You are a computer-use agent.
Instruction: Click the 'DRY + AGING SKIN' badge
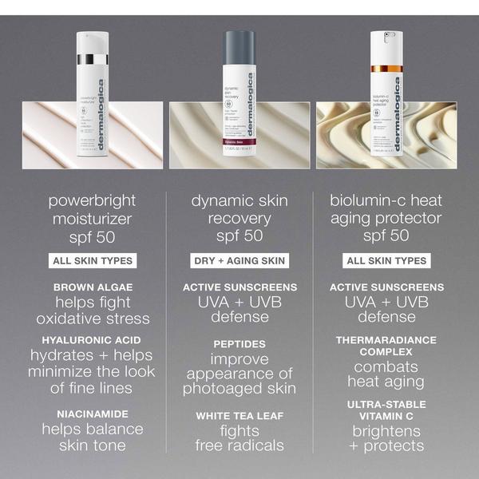(239, 261)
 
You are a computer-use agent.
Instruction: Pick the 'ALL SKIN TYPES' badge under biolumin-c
(387, 261)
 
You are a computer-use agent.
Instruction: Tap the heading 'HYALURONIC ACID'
(92, 339)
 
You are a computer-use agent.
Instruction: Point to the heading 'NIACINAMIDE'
(92, 414)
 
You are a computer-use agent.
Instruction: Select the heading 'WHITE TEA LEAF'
(239, 416)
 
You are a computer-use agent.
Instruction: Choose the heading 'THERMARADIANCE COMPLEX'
(387, 345)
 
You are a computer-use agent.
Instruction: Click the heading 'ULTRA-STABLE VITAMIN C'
(387, 410)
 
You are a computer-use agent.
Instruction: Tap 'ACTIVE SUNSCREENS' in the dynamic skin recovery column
(239, 287)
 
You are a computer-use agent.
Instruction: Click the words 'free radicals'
(239, 445)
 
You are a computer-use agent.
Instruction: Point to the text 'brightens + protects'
(387, 437)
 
